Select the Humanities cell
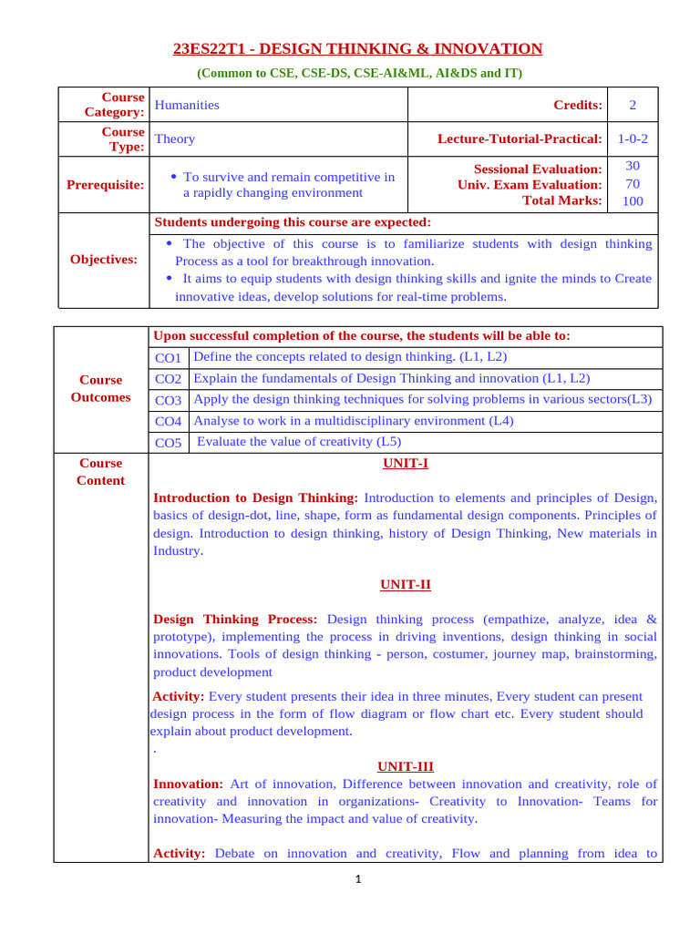[188, 105]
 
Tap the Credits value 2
[633, 105]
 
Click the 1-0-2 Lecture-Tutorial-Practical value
[633, 139]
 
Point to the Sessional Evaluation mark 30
[633, 166]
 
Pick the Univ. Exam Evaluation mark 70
[633, 184]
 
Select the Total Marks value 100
[633, 201]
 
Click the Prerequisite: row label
[105, 185]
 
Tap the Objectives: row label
[104, 260]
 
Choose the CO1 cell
[169, 358]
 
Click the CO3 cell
[169, 400]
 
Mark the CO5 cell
[169, 443]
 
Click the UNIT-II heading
[405, 585]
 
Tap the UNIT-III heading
[405, 767]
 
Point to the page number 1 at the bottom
[359, 880]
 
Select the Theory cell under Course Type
[175, 139]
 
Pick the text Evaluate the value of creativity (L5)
[299, 442]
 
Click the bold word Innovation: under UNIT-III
[188, 784]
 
